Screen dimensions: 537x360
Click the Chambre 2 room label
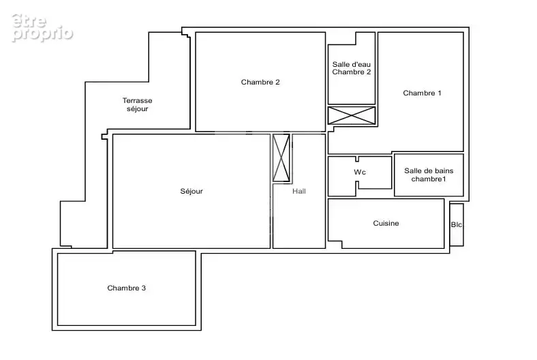[x=260, y=82]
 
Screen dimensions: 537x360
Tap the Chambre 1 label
[x=422, y=93]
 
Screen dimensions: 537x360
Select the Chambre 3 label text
[x=126, y=288]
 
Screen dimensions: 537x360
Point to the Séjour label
[x=191, y=191]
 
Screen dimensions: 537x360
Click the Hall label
[x=299, y=191]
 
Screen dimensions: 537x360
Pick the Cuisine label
[x=386, y=224]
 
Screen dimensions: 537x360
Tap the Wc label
[x=360, y=172]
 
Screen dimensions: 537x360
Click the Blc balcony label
[x=457, y=225]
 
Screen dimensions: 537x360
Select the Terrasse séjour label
[x=138, y=104]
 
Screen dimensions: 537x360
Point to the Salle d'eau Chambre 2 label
[x=352, y=68]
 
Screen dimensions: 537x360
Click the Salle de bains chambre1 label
[x=429, y=175]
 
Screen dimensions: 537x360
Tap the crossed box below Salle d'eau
[x=352, y=115]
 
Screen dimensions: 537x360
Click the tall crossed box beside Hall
[x=281, y=158]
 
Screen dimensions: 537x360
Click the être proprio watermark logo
[x=42, y=28]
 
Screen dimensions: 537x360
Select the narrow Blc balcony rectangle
[x=457, y=225]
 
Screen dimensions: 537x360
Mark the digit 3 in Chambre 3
[x=144, y=288]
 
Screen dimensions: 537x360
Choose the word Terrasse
[x=138, y=101]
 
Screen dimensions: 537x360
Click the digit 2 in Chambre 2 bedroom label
[x=277, y=82]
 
